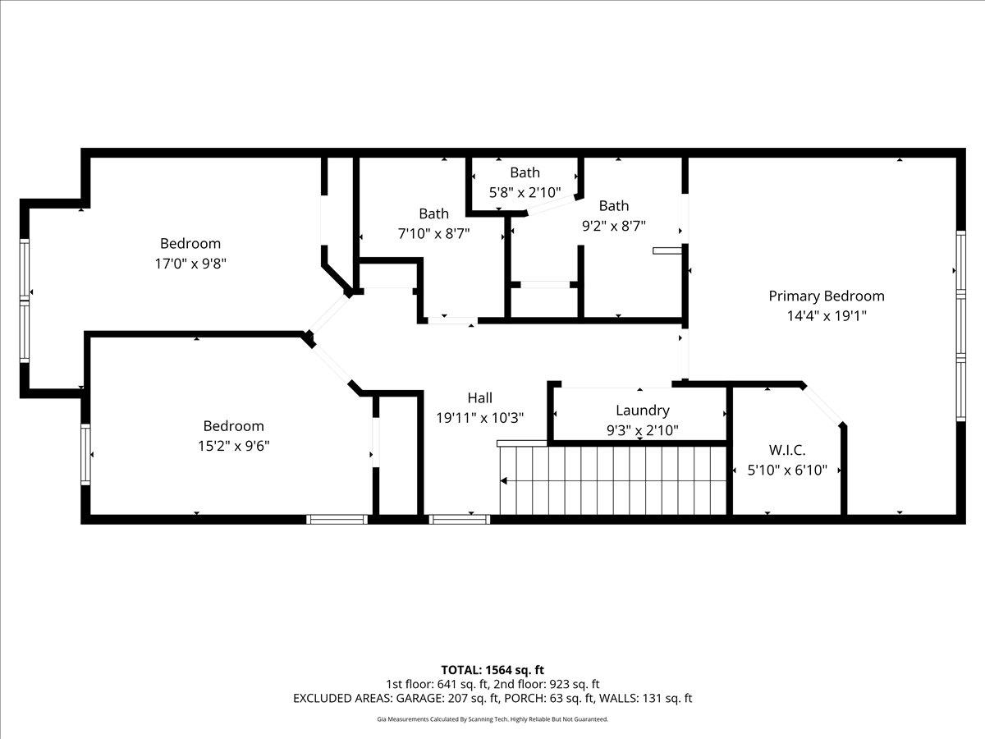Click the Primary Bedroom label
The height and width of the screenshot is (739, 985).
(x=826, y=296)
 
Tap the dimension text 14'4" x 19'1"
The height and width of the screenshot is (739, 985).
(x=826, y=315)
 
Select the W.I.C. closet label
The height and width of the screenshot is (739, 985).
(x=786, y=450)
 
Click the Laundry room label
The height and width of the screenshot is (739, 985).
(x=642, y=410)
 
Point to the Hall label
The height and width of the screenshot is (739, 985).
(x=479, y=397)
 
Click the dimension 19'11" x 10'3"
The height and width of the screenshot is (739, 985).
(x=479, y=418)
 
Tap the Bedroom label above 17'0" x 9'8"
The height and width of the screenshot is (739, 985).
(x=190, y=243)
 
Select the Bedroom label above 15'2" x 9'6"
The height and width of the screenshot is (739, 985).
(x=233, y=425)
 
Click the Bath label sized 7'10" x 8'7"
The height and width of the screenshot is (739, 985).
(x=433, y=213)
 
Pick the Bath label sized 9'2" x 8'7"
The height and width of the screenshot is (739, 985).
(x=613, y=205)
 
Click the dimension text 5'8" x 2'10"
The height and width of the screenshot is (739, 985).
(x=525, y=193)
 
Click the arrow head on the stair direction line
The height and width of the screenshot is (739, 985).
(x=503, y=480)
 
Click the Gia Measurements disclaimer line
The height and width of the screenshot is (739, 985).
(x=492, y=719)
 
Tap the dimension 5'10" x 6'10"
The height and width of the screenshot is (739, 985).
(x=786, y=470)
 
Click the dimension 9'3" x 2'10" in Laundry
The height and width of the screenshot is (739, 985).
(x=642, y=429)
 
